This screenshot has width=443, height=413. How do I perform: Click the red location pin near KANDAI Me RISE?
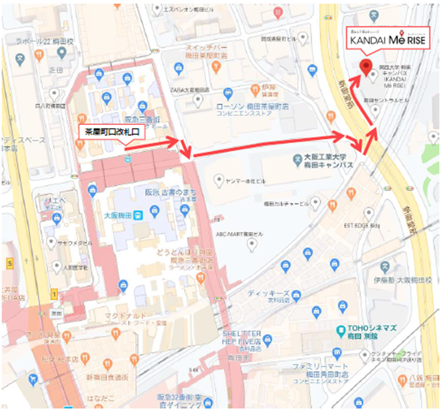pyautogui.click(x=365, y=67)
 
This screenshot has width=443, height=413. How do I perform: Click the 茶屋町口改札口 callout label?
pyautogui.click(x=112, y=133)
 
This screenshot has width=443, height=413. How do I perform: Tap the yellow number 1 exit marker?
pyautogui.click(x=55, y=294)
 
